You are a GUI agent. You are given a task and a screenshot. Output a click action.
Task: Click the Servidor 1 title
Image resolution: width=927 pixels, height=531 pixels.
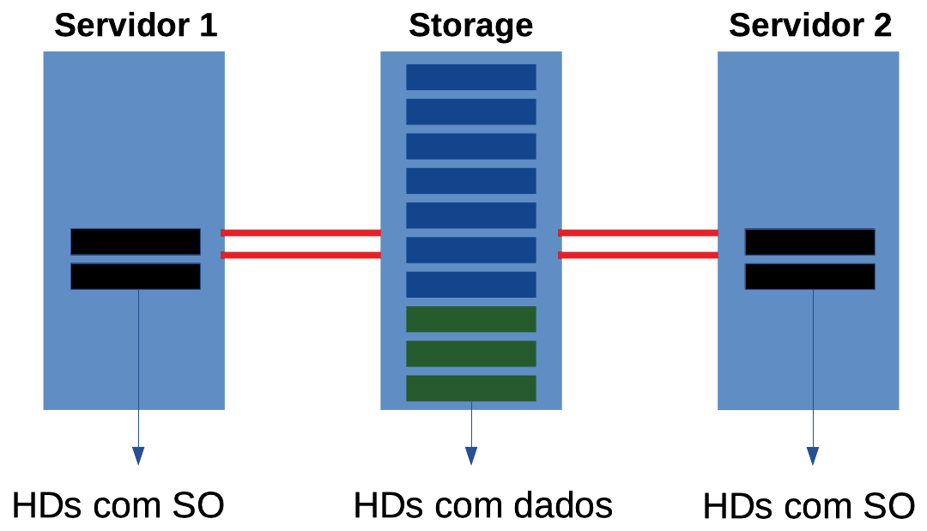click(136, 26)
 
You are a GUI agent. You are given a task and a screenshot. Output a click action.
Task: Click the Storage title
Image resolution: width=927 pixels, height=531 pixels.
click(470, 26)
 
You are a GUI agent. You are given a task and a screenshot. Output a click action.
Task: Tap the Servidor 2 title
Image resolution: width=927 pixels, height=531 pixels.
click(809, 26)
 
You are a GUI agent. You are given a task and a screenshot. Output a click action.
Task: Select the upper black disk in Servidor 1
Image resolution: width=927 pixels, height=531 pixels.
click(136, 242)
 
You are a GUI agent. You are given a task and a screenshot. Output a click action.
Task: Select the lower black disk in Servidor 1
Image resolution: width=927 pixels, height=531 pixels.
click(136, 276)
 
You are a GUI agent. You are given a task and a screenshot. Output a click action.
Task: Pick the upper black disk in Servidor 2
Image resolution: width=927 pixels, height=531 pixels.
click(809, 242)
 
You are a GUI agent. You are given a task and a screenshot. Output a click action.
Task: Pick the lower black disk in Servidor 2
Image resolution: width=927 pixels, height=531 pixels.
click(809, 276)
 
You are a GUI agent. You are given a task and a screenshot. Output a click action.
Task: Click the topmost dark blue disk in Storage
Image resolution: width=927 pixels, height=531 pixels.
click(470, 77)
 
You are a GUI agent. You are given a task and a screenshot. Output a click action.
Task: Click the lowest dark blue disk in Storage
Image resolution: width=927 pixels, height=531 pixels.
click(470, 285)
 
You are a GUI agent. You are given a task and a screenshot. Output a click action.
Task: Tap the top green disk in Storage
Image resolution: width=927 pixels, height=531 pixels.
click(470, 319)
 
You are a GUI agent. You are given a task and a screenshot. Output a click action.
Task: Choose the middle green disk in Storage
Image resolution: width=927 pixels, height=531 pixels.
click(470, 353)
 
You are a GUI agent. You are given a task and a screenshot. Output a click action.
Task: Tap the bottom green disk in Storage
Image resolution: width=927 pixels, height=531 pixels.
click(470, 388)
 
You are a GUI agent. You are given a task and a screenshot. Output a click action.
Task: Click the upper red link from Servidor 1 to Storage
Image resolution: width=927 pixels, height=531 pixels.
click(300, 232)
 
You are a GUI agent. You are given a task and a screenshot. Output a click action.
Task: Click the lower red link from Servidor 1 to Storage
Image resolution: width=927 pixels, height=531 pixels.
click(300, 255)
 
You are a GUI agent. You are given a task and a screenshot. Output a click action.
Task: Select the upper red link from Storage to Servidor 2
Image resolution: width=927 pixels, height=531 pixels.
click(638, 232)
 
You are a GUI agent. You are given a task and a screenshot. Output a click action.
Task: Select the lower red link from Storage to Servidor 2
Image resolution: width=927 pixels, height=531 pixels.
click(638, 255)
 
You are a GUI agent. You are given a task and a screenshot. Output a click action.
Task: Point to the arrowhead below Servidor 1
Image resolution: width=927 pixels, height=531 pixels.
click(138, 456)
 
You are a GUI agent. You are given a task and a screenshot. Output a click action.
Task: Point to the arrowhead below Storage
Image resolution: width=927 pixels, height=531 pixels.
click(470, 456)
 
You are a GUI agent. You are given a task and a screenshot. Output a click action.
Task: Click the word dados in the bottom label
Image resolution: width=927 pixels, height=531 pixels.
click(563, 506)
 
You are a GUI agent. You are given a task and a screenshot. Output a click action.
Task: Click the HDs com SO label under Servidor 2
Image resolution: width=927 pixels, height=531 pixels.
click(808, 507)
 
